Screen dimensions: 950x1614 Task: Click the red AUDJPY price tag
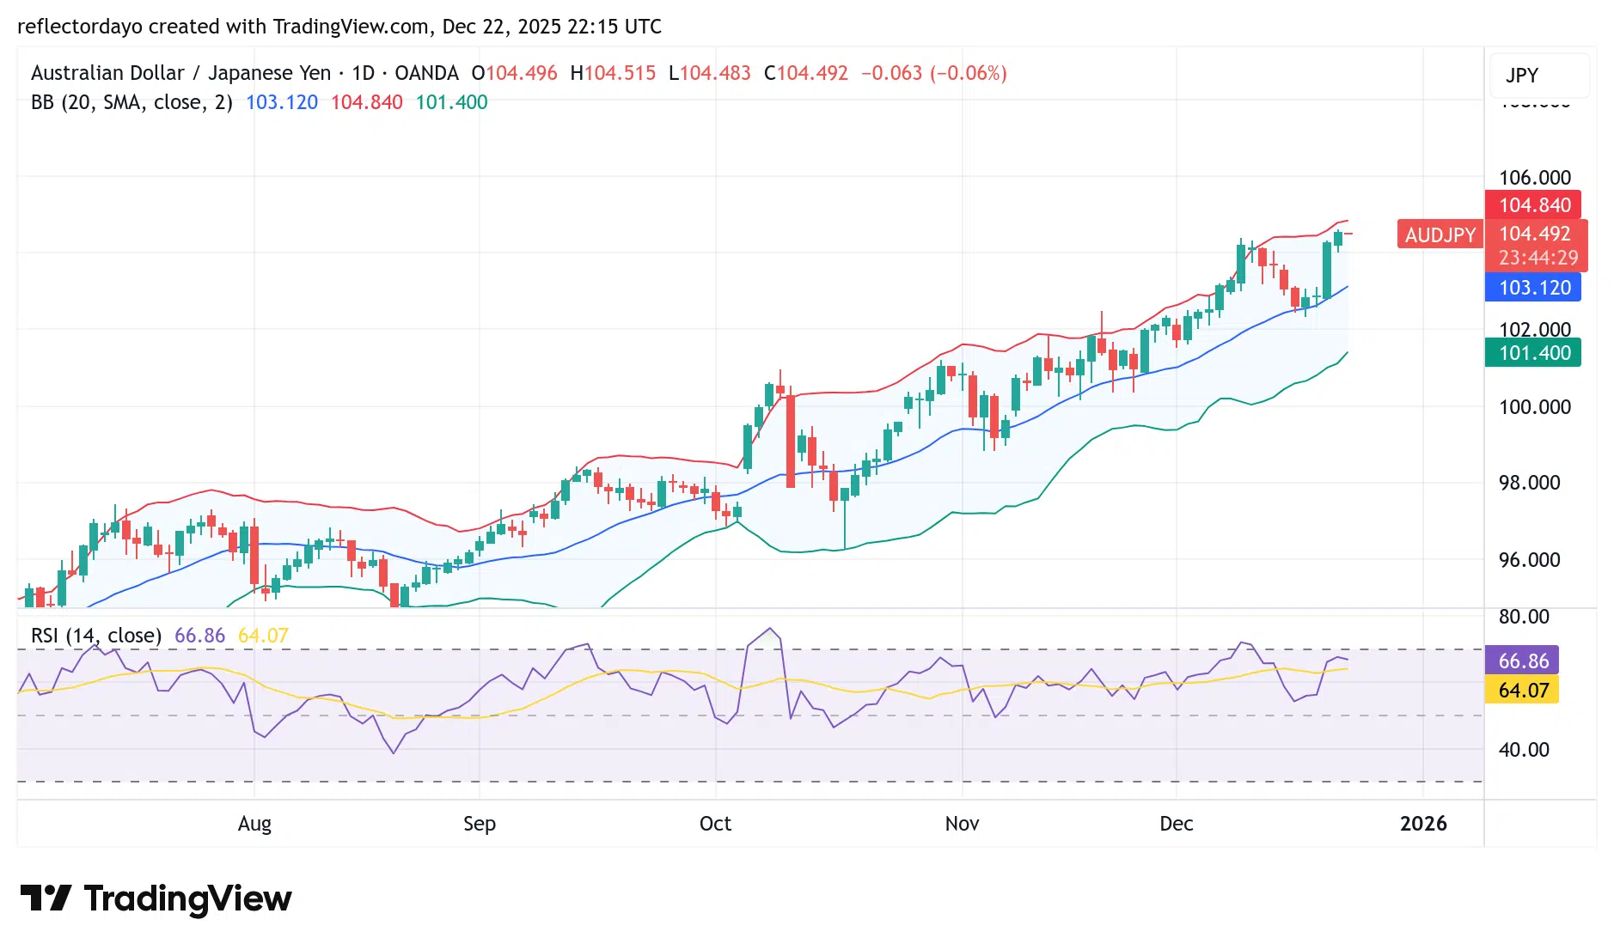pyautogui.click(x=1440, y=234)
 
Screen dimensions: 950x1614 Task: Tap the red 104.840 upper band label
pyautogui.click(x=1534, y=205)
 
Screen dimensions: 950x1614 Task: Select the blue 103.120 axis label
pyautogui.click(x=1534, y=288)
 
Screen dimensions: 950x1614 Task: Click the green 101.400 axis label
pyautogui.click(x=1534, y=353)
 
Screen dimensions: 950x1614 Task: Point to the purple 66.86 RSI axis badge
pyautogui.click(x=1523, y=661)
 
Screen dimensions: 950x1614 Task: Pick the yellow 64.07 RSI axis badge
pyautogui.click(x=1523, y=690)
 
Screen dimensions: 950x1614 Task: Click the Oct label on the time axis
pyautogui.click(x=715, y=824)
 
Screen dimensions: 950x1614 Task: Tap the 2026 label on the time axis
pyautogui.click(x=1423, y=824)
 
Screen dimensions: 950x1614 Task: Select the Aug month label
pyautogui.click(x=254, y=824)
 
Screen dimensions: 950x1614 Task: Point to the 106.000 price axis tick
pyautogui.click(x=1534, y=178)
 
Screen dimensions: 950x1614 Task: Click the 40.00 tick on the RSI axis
pyautogui.click(x=1524, y=750)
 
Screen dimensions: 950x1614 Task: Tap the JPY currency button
pyautogui.click(x=1522, y=76)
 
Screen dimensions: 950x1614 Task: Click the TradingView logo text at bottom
pyautogui.click(x=187, y=899)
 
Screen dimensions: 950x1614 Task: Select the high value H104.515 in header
pyautogui.click(x=613, y=73)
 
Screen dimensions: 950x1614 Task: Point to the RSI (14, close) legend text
pyautogui.click(x=96, y=636)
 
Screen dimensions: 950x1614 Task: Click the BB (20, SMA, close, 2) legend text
pyautogui.click(x=131, y=102)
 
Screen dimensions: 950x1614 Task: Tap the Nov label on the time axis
pyautogui.click(x=962, y=824)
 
